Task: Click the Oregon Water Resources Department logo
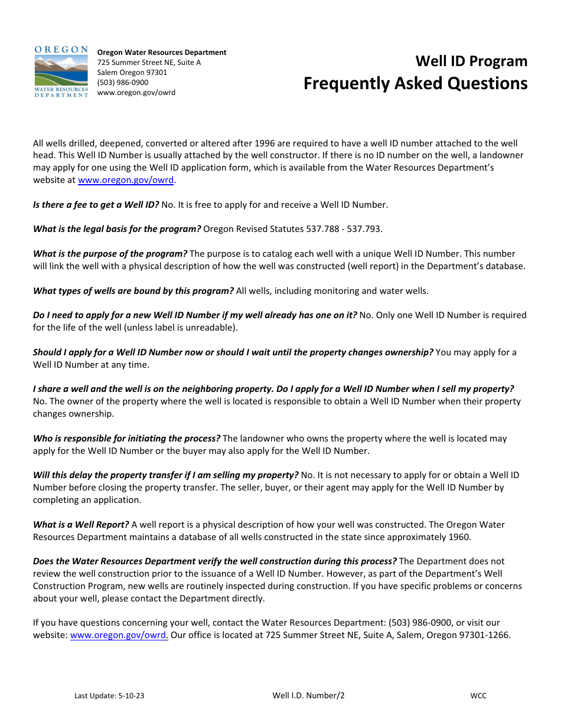pos(61,71)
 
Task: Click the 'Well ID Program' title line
pos(471,61)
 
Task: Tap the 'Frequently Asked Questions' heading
pos(415,83)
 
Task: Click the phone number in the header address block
pos(123,83)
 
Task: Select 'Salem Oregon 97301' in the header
pos(132,73)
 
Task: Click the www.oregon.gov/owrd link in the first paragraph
pos(126,180)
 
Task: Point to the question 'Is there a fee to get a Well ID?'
pos(96,205)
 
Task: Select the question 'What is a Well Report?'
pos(81,524)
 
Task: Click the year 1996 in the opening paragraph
pos(266,143)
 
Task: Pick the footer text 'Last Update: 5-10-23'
pos(109,696)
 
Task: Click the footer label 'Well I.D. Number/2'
pos(308,695)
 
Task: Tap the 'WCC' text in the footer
pos(478,696)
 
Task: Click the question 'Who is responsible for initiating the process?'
pos(126,438)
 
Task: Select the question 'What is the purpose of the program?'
pos(110,253)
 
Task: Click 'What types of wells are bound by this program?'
pos(133,290)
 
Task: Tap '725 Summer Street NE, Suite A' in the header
pos(149,63)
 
